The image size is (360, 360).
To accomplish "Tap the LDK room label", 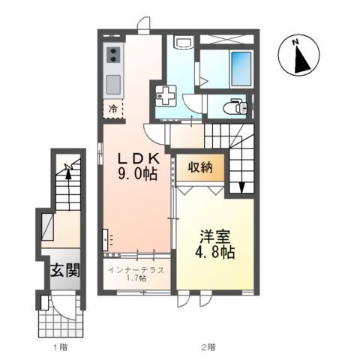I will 137,158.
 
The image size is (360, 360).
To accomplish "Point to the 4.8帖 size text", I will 216,253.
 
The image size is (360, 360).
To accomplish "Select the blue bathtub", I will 240,68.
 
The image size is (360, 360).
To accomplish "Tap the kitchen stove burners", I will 114,55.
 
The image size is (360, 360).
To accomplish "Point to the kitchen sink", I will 114,81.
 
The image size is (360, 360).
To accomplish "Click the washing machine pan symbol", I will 165,97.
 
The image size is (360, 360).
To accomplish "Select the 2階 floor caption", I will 208,347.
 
